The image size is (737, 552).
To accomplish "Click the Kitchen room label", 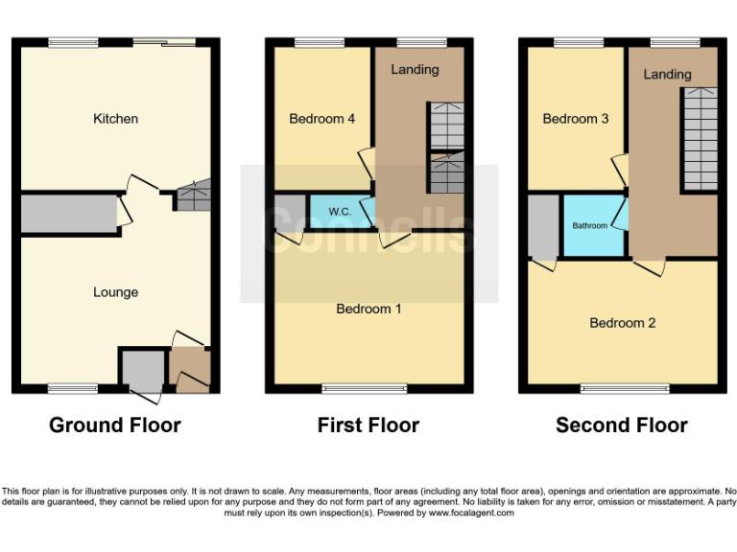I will click(115, 119).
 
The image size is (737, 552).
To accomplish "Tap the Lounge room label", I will click(115, 292).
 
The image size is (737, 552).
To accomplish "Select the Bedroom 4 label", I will click(322, 119).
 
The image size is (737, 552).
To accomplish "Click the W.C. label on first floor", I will click(340, 211).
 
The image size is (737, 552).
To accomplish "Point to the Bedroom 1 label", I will click(368, 309).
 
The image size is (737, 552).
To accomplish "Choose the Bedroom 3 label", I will click(576, 119).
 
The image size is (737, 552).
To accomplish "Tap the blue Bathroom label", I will click(590, 226).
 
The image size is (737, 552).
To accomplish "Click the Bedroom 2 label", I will click(622, 323).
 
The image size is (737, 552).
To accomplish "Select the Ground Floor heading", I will click(115, 425).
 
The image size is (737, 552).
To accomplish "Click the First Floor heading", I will click(368, 425).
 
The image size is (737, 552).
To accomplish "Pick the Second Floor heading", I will click(622, 425).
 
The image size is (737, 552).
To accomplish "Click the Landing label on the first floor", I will click(415, 69).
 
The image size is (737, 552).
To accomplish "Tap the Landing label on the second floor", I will click(667, 74).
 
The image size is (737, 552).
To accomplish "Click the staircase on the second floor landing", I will click(700, 139).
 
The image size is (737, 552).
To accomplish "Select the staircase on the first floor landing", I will click(445, 149).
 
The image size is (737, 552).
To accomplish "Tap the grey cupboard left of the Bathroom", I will click(542, 226).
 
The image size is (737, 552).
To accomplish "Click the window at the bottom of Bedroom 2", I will click(625, 389).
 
